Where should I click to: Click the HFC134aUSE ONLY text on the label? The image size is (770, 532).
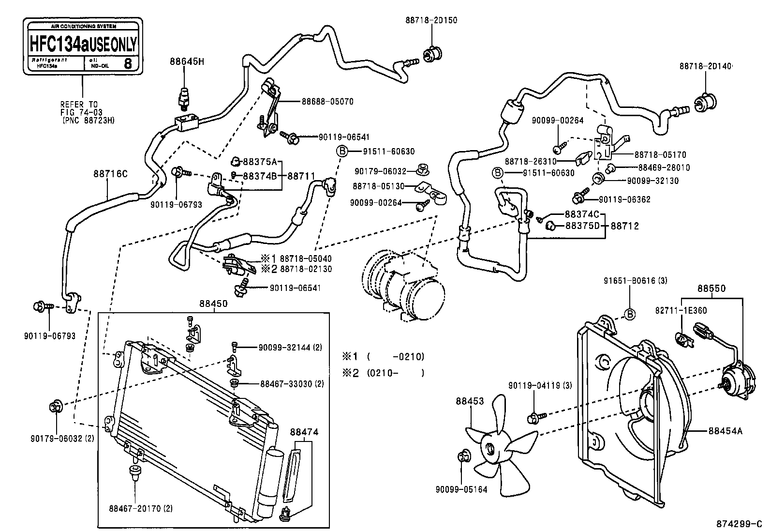pos(83,43)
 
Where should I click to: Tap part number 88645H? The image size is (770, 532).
pos(187,61)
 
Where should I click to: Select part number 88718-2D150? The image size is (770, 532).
pos(431,20)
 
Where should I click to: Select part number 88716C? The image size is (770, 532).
pos(110,173)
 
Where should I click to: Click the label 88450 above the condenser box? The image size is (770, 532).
pos(213,304)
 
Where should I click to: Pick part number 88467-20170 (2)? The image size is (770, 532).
pos(140,508)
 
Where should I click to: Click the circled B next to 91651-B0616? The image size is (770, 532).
pos(629,314)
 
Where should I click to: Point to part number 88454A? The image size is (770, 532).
pos(725,430)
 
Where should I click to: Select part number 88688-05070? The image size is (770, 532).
pos(327,102)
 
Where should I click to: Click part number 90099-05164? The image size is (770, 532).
pos(461,489)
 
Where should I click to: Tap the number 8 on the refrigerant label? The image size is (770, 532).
pos(128,64)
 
